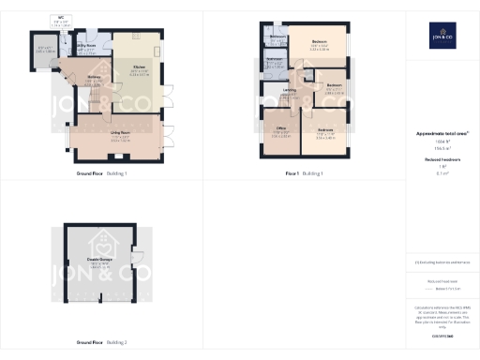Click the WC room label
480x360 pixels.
pyautogui.click(x=62, y=18)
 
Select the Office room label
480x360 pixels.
pyautogui.click(x=280, y=131)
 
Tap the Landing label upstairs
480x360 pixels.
pyautogui.click(x=292, y=91)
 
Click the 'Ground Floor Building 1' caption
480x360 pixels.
pyautogui.click(x=102, y=173)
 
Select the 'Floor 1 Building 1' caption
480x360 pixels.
pyautogui.click(x=304, y=173)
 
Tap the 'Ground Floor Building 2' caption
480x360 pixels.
pyautogui.click(x=102, y=341)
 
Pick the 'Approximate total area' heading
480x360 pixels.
pyautogui.click(x=442, y=134)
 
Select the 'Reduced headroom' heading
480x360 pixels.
pyautogui.click(x=442, y=160)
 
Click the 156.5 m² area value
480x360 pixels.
pyautogui.click(x=442, y=148)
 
